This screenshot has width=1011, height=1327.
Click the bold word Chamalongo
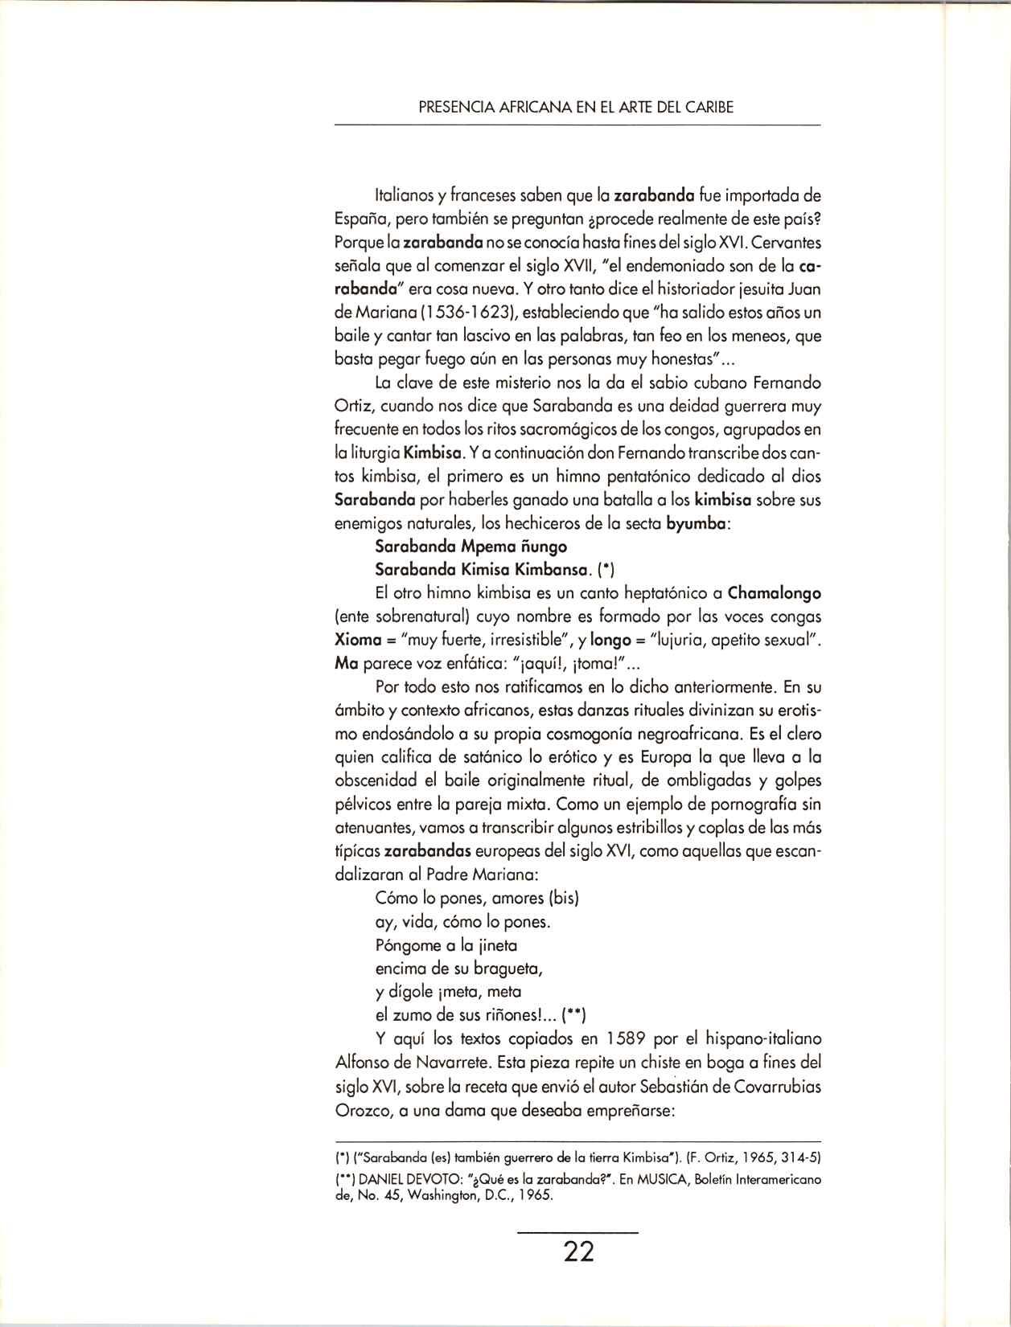(774, 594)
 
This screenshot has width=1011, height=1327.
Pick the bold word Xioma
(356, 641)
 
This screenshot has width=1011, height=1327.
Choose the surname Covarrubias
(776, 1086)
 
